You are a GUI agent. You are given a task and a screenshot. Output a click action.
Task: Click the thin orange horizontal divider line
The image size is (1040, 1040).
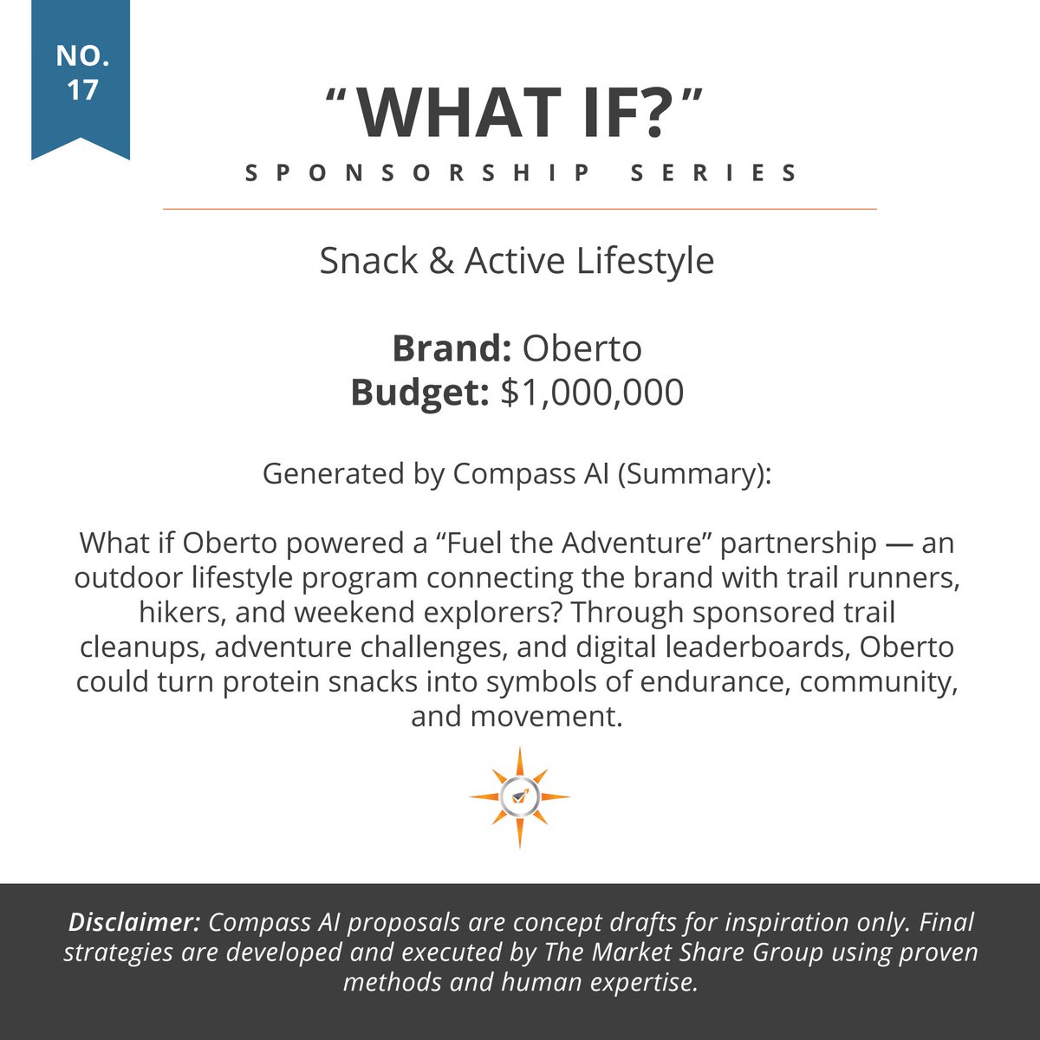coord(520,209)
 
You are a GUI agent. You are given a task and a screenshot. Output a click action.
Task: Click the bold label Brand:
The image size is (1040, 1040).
coord(452,348)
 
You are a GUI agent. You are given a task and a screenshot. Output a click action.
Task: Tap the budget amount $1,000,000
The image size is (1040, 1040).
coord(593,392)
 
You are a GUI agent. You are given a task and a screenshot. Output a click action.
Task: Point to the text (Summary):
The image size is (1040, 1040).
coord(693,474)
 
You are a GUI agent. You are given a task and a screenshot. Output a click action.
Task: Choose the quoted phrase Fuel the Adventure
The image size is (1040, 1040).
coord(559,544)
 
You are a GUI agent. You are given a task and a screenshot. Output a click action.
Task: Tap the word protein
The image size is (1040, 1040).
coord(265,682)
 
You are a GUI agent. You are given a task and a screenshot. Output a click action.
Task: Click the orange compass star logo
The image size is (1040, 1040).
coord(520,796)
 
